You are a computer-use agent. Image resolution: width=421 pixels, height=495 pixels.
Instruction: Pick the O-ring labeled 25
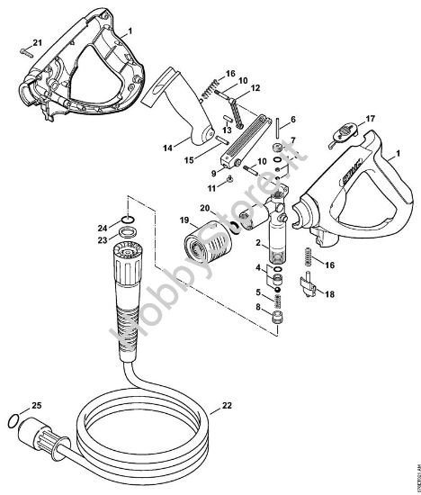(12, 419)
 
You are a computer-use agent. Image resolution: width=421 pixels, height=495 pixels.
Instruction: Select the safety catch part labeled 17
(340, 136)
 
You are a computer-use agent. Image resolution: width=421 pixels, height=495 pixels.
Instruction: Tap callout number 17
(368, 119)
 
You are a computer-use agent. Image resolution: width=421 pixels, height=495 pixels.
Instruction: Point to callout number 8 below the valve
(259, 308)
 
